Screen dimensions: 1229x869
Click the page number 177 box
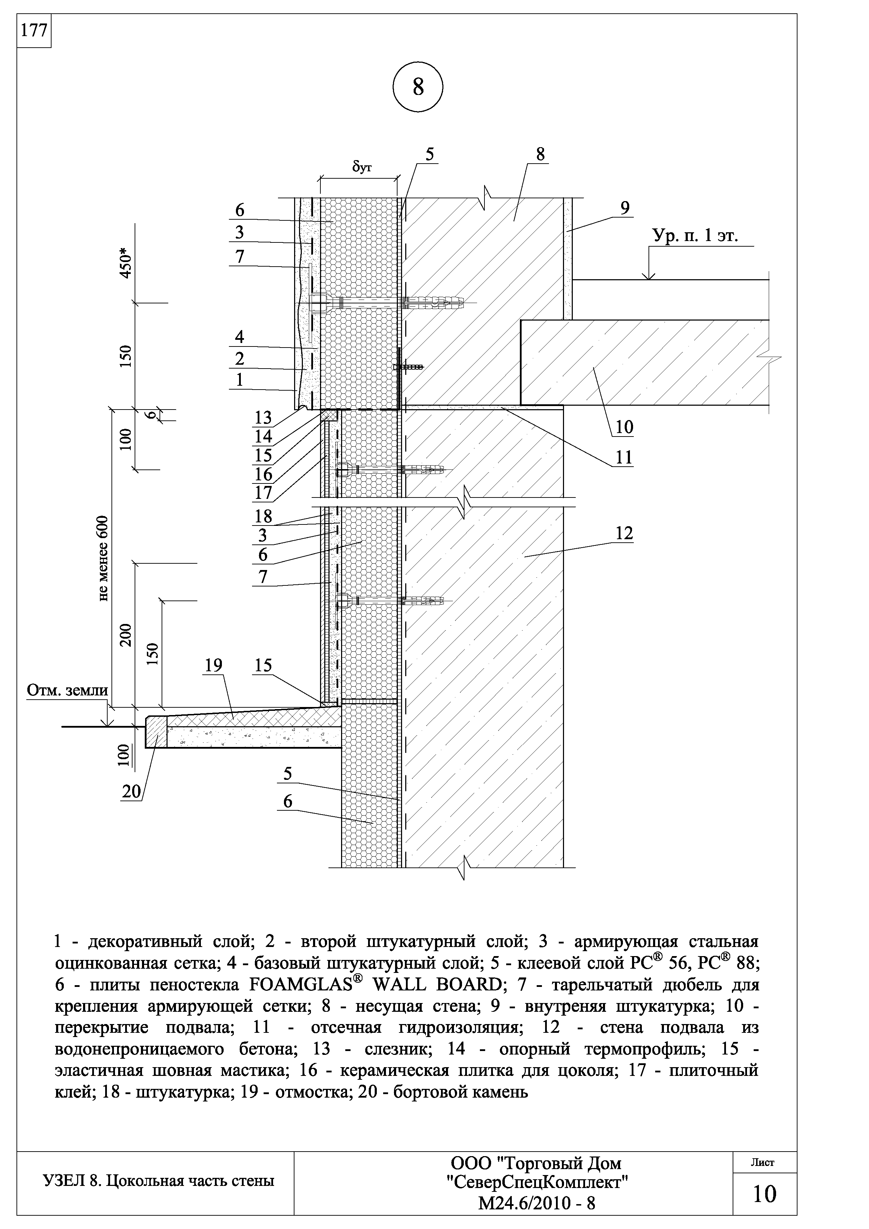34,30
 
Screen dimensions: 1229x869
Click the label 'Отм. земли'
67,691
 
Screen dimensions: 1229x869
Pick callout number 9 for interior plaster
625,208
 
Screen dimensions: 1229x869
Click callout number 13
263,417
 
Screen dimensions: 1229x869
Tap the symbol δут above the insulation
361,167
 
